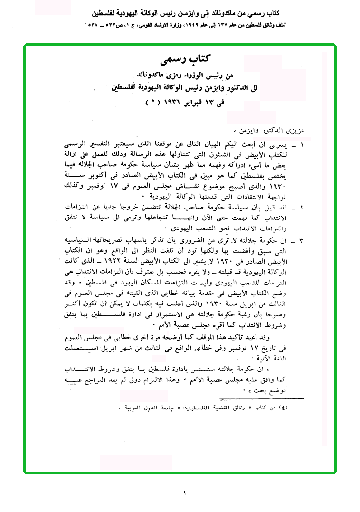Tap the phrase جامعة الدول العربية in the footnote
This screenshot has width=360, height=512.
pyautogui.click(x=148, y=408)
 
